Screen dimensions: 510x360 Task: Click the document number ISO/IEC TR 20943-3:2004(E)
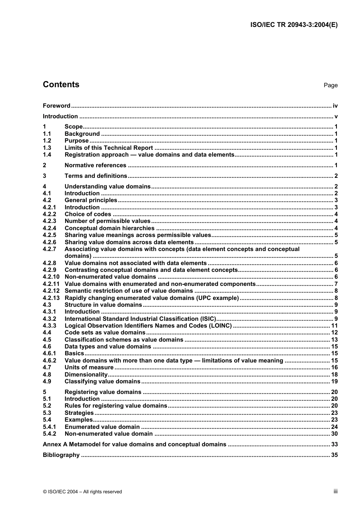pos(294,25)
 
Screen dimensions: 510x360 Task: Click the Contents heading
pos(61,85)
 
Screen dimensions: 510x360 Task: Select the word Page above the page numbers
pos(330,85)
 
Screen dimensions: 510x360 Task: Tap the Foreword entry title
pos(56,106)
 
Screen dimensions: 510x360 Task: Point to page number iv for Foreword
pos(335,106)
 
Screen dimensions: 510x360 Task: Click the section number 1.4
pos(47,155)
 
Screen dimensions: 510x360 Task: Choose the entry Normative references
pos(95,165)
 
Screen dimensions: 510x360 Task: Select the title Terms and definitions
pos(96,176)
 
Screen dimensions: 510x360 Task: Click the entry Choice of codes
pos(88,214)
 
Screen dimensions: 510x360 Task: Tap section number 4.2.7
pos(49,249)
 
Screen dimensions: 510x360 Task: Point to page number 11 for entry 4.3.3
pos(334,326)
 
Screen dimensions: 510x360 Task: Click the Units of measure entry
pos(89,367)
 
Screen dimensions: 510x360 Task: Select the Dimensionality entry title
pos(86,375)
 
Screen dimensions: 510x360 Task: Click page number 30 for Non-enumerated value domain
pos(334,434)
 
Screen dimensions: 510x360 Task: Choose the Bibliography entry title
pos(61,455)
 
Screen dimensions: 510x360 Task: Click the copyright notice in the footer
pos(82,492)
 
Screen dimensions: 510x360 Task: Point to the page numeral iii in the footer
pos(335,491)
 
